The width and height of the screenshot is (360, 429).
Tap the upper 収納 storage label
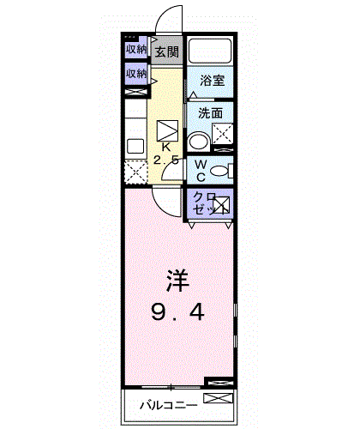coord(136,50)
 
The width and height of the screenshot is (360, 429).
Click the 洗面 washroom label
coord(211,113)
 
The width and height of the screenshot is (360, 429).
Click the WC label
coord(198,171)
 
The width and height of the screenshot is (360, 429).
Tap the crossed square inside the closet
coord(222,205)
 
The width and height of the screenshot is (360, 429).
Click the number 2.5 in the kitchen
coord(167,160)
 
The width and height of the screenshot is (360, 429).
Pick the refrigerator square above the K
coord(168,130)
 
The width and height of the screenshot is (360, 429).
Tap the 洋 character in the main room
coord(177,281)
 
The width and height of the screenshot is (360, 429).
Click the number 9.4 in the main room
coord(178,311)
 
